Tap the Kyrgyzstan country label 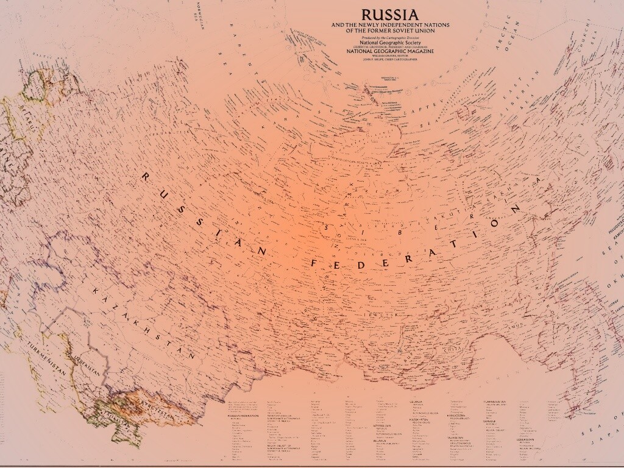(x=157, y=409)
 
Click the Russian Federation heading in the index (x=243, y=416)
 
